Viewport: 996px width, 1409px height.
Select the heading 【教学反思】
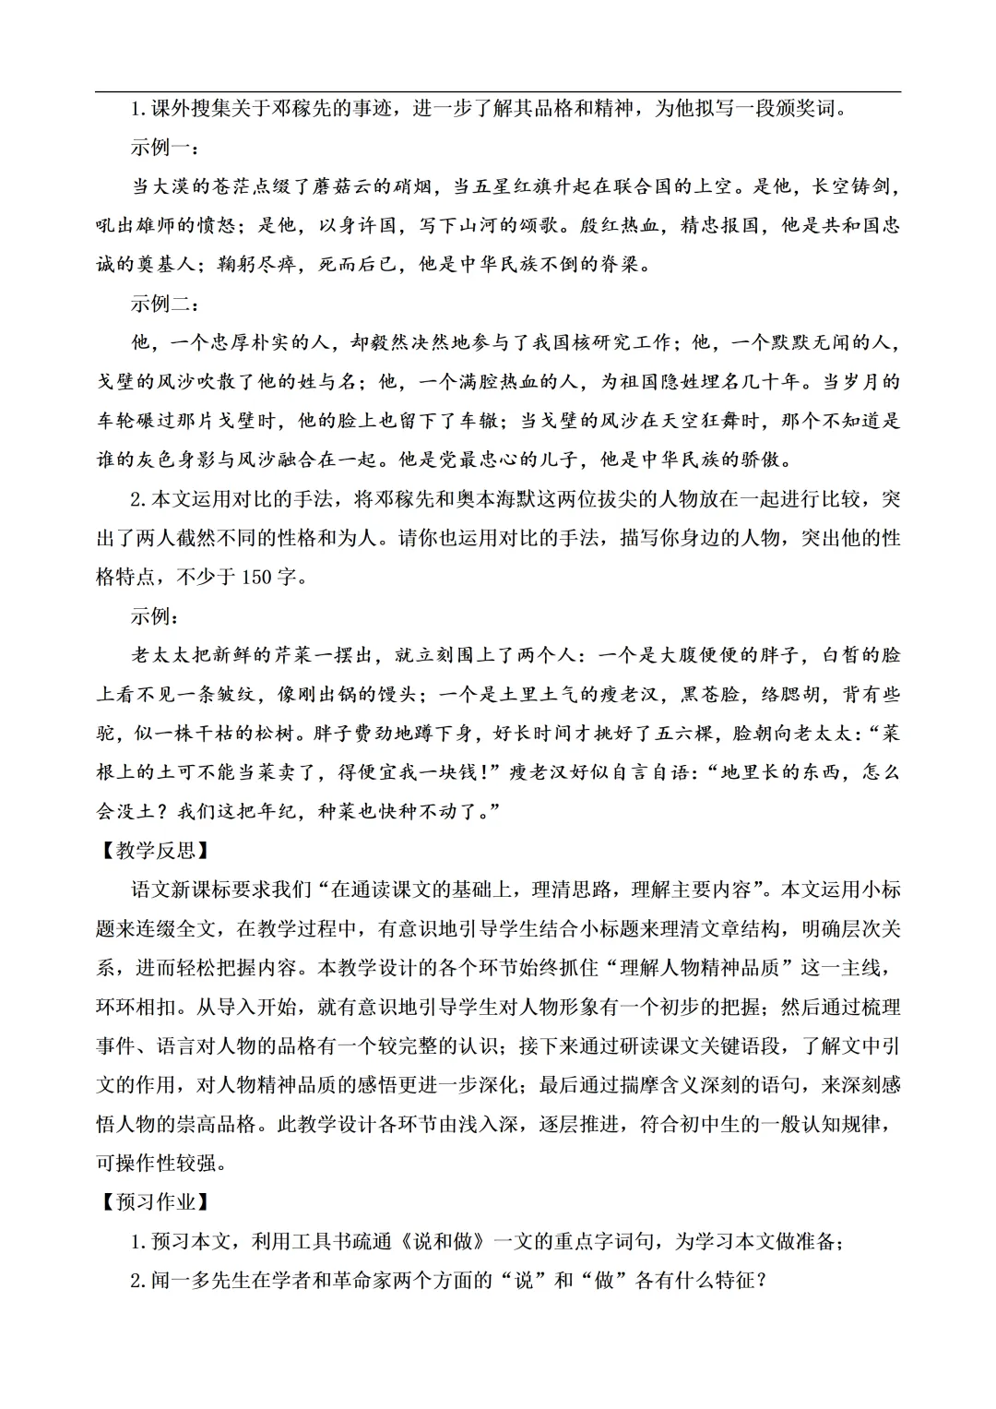pos(152,850)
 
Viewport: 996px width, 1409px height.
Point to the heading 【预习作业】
pos(152,1201)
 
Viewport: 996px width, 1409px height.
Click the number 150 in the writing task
pos(256,577)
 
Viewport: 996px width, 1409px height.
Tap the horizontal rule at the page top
pos(498,91)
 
